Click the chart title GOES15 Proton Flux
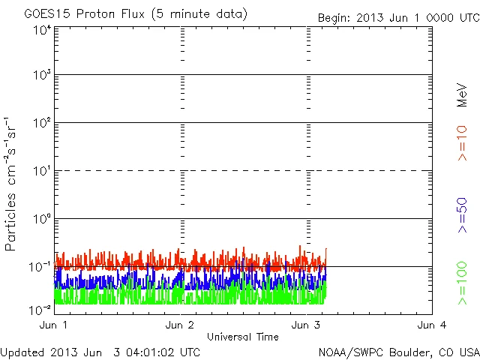(136, 14)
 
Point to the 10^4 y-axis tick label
(41, 30)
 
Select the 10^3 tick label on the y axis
(41, 75)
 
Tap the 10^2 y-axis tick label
(41, 123)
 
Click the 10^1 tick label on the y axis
(41, 171)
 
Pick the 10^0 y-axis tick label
(41, 219)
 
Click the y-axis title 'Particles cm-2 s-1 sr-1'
(13, 184)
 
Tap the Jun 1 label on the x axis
(55, 325)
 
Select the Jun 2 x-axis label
(181, 325)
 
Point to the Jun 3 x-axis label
(307, 325)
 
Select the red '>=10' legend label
(462, 143)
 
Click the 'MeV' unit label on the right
(462, 94)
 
